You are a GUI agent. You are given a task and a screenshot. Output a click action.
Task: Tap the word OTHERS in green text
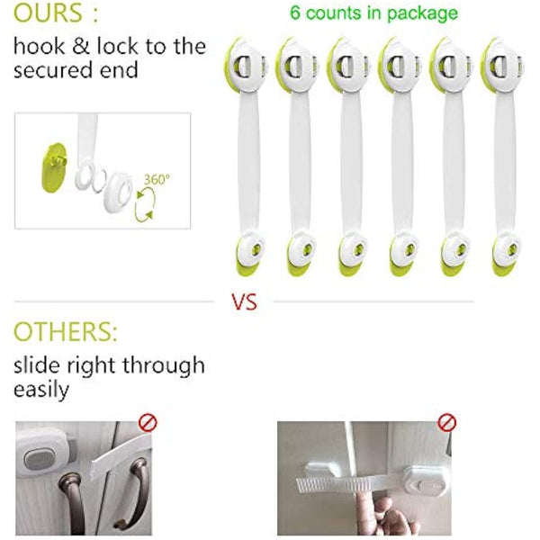pyautogui.click(x=63, y=332)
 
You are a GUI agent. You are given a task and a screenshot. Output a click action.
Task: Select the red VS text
pyautogui.click(x=245, y=302)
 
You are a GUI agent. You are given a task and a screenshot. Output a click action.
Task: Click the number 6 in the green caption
pyautogui.click(x=294, y=13)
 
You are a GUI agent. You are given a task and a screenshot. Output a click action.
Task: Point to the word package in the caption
pyautogui.click(x=422, y=13)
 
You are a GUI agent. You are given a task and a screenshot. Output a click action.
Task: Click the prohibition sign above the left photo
pyautogui.click(x=148, y=421)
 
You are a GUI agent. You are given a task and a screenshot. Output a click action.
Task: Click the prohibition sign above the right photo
pyautogui.click(x=446, y=422)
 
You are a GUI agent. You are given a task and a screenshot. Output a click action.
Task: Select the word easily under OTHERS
pyautogui.click(x=40, y=391)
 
